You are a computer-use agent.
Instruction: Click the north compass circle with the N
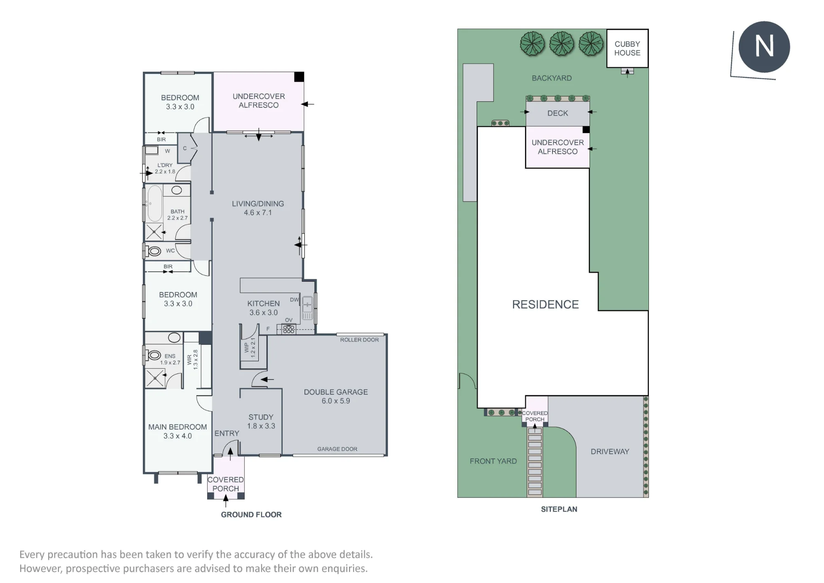click(764, 47)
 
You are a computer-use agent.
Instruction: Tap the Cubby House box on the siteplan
click(627, 48)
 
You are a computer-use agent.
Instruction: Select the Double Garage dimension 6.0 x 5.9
click(336, 401)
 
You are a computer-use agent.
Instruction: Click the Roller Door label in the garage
click(359, 340)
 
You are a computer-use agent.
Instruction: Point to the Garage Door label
click(337, 449)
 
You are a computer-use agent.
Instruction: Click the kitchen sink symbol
click(307, 308)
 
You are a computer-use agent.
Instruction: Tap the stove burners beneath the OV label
click(289, 329)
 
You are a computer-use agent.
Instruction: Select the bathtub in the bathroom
click(155, 204)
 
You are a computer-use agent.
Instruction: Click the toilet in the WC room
click(154, 251)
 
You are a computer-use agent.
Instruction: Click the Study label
click(261, 417)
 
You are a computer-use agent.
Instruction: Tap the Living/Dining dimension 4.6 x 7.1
click(258, 213)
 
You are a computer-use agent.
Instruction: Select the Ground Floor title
click(251, 515)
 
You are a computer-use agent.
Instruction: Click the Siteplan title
click(559, 509)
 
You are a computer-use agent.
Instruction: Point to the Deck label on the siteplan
click(557, 113)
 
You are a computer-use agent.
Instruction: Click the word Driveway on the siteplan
click(610, 451)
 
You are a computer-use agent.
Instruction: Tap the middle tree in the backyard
click(562, 44)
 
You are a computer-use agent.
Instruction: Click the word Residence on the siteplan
click(545, 304)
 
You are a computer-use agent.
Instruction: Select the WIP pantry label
click(247, 347)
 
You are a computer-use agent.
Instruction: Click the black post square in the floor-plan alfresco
click(299, 77)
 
